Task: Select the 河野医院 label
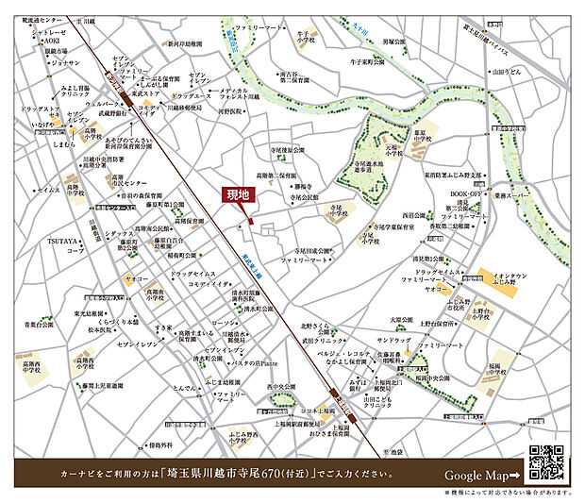(229, 110)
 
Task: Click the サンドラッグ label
(394, 339)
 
